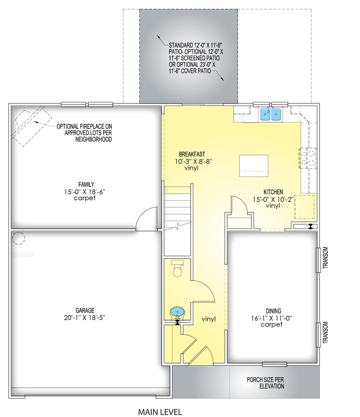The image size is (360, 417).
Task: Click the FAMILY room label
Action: click(86, 184)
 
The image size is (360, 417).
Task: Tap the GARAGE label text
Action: click(85, 310)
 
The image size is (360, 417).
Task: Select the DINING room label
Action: click(274, 311)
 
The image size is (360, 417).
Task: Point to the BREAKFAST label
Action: click(192, 154)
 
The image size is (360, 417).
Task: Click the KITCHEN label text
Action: click(273, 192)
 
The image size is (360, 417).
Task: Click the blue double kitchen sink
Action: click(271, 115)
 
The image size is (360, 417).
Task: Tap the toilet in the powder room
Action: click(177, 268)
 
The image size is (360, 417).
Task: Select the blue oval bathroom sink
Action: click(177, 312)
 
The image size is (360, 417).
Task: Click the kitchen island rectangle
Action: click(254, 165)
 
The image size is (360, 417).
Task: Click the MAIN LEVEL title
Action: click(160, 412)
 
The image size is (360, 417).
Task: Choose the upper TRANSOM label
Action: click(325, 258)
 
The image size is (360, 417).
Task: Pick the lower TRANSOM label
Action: click(325, 332)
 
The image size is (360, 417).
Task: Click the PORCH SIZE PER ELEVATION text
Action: click(265, 383)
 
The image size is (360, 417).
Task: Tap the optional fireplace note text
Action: click(84, 133)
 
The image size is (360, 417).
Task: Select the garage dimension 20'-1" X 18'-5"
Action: click(85, 318)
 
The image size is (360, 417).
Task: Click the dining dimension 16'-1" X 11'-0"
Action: click(271, 318)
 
